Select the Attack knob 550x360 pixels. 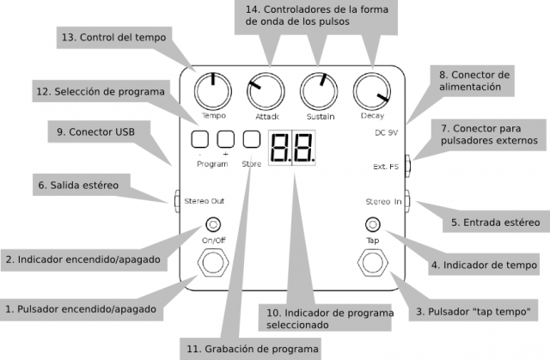266,90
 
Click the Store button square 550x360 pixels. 252,137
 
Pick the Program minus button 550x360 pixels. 199,137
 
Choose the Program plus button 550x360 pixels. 226,137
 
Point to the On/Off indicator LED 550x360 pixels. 211,226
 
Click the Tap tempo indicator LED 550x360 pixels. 372,226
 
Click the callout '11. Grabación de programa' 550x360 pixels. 250,349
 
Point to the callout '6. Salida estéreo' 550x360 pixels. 78,184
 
